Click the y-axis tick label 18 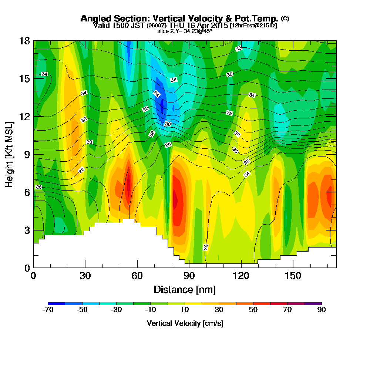pos(24,41)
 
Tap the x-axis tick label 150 pos(293,276)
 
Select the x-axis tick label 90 pos(189,276)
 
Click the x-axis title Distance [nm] pos(185,289)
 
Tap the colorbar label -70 pos(48,310)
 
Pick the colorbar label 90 pos(322,310)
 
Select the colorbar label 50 pos(253,310)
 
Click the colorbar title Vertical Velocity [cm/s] pos(185,323)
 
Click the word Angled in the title pos(94,18)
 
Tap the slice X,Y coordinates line pos(185,31)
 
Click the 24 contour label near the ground pos(206,247)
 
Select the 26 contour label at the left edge pos(38,187)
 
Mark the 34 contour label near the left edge pos(44,74)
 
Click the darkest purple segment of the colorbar pos(313,303)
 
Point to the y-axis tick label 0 pos(27,268)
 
